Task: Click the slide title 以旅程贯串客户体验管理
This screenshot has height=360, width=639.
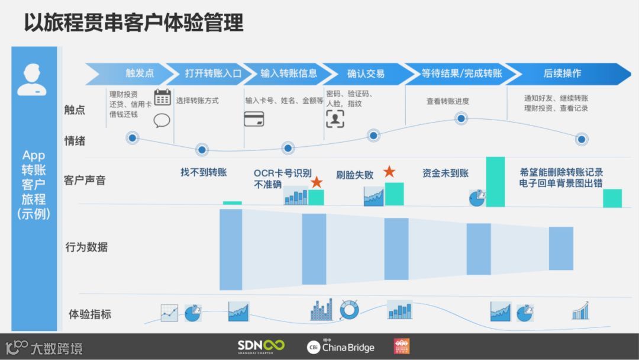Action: pos(134,22)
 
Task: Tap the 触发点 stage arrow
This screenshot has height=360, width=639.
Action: pos(131,73)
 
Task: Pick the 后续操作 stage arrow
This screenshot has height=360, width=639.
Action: pos(562,73)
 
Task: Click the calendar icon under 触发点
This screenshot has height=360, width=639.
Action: pos(162,98)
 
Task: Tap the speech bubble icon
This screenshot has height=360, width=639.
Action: pos(162,121)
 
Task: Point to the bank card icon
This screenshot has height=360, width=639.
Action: pos(254,118)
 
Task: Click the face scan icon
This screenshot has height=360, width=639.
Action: pos(335,118)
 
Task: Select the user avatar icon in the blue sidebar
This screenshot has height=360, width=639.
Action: pos(31,81)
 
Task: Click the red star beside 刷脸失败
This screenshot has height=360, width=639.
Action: pos(389,172)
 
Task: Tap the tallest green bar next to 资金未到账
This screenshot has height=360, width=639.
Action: pos(495,182)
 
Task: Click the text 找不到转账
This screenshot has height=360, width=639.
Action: pos(204,172)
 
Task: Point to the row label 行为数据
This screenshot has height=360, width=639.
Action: pos(86,247)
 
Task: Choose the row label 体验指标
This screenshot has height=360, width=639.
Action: pos(90,314)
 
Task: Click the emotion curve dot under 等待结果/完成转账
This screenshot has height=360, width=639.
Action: pos(462,118)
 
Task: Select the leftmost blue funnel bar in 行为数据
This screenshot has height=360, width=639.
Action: pos(231,249)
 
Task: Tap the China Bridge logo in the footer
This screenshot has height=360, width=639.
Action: pos(341,347)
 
